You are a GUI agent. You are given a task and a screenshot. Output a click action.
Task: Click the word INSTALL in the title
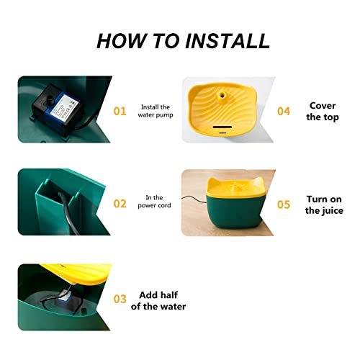228,41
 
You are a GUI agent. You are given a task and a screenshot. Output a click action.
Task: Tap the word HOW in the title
122,41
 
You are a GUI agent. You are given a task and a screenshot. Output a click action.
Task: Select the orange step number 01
120,112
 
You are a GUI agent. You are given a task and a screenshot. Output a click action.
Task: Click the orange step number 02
120,204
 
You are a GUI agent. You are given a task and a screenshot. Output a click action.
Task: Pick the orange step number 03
120,299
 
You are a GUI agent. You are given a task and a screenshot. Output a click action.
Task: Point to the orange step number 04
284,112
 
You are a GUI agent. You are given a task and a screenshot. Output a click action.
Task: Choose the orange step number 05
284,204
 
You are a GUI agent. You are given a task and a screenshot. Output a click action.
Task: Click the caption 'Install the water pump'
156,111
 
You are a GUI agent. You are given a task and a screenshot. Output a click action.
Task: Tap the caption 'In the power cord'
154,202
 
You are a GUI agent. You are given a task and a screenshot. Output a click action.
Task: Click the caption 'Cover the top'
323,112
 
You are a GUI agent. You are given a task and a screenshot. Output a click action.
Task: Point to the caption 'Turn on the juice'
324,205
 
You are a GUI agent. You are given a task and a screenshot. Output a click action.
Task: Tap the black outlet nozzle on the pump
50,99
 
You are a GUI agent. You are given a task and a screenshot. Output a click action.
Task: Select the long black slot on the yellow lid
222,127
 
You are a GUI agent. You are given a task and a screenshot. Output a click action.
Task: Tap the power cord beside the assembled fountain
194,199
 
